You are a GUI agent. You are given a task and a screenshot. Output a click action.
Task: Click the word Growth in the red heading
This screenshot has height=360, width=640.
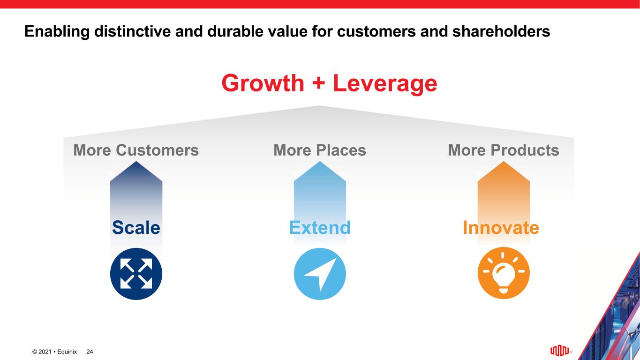(x=263, y=83)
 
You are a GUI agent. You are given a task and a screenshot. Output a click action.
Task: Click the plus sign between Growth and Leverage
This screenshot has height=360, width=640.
(x=318, y=83)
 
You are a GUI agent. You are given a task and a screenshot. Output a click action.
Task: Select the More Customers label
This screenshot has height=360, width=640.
(x=136, y=150)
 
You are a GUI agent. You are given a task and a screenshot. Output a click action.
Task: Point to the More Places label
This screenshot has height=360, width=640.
(x=320, y=150)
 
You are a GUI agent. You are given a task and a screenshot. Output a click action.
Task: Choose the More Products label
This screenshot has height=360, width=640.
(x=504, y=150)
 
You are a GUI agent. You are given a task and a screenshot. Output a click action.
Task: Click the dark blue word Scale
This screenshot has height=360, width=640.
(x=136, y=227)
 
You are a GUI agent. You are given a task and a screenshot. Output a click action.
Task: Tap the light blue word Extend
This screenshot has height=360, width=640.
(x=320, y=227)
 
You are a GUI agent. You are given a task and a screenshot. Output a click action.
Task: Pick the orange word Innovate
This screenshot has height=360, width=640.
(x=501, y=227)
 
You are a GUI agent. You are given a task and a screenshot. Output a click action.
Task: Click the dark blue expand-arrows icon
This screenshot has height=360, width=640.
(x=136, y=274)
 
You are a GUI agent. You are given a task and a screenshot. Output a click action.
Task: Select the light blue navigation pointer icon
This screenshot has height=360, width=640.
(x=320, y=274)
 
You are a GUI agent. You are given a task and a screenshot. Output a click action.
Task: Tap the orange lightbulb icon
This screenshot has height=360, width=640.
(x=504, y=273)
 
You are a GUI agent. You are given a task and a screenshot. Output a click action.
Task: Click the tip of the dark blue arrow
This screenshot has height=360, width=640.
(x=136, y=161)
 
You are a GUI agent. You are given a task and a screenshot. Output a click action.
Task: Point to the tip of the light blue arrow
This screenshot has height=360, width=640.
(x=320, y=161)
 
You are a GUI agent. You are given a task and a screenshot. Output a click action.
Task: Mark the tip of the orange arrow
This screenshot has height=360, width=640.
(x=504, y=161)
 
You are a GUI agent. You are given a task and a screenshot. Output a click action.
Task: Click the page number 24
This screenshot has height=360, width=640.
(x=90, y=352)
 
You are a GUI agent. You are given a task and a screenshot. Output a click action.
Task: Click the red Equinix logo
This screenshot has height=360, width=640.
(x=560, y=351)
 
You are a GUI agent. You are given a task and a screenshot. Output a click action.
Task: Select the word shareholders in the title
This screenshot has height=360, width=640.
(x=501, y=31)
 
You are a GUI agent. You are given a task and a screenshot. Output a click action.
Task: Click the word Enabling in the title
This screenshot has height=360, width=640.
(x=57, y=31)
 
